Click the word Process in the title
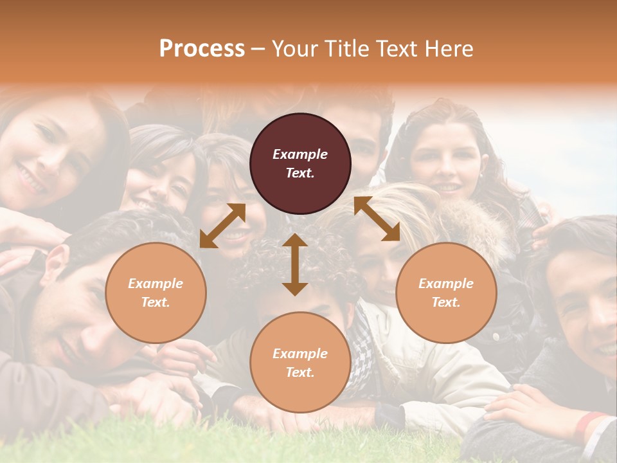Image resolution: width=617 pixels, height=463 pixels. (202, 49)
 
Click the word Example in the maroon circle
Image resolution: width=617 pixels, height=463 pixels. (300, 154)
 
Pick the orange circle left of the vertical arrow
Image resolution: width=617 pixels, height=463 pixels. (156, 293)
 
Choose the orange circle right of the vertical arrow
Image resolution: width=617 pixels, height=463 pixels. (446, 293)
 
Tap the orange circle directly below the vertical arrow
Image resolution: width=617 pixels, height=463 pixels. (300, 362)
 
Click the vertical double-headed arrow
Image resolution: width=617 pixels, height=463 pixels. (295, 264)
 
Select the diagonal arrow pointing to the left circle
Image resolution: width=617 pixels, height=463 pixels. (222, 226)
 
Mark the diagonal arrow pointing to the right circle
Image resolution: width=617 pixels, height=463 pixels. (377, 219)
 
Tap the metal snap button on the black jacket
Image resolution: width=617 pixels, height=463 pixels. (496, 336)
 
